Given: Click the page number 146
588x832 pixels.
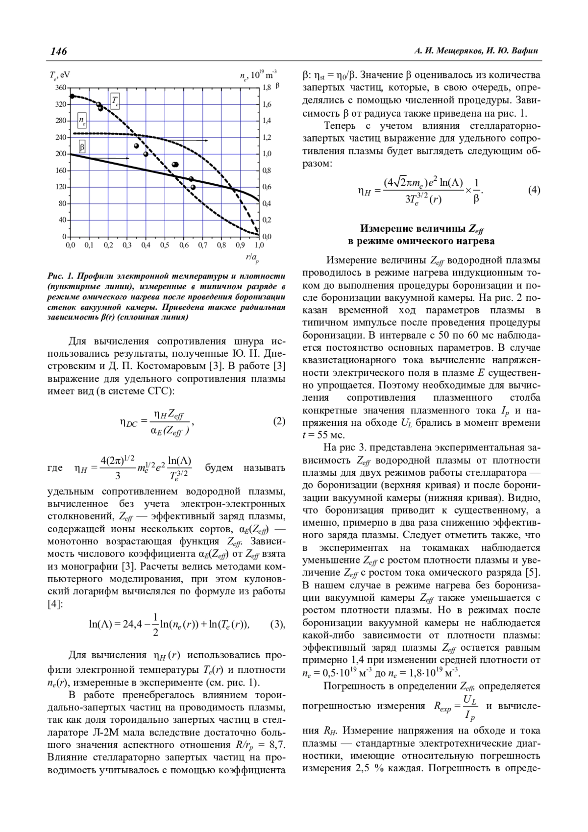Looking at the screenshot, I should pyautogui.click(x=58, y=51).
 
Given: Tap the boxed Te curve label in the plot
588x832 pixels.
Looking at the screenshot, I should pyautogui.click(x=115, y=100).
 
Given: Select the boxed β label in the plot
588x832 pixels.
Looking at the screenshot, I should pyautogui.click(x=82, y=147).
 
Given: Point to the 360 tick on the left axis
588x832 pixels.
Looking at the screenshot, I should pyautogui.click(x=60, y=88).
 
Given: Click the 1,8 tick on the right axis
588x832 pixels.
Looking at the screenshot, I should pyautogui.click(x=267, y=88).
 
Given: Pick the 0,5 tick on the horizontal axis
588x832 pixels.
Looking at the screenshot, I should pyautogui.click(x=164, y=245).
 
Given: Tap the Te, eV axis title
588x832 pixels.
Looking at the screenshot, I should pyautogui.click(x=59, y=75).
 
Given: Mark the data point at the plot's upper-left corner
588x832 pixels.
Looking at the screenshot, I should pyautogui.click(x=72, y=96).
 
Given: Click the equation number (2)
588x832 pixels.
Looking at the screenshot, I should pyautogui.click(x=279, y=421).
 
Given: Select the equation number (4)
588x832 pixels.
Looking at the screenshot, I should pyautogui.click(x=534, y=190).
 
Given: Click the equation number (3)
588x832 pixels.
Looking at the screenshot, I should pyautogui.click(x=277, y=624).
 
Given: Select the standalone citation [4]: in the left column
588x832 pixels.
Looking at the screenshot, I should pyautogui.click(x=55, y=604).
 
